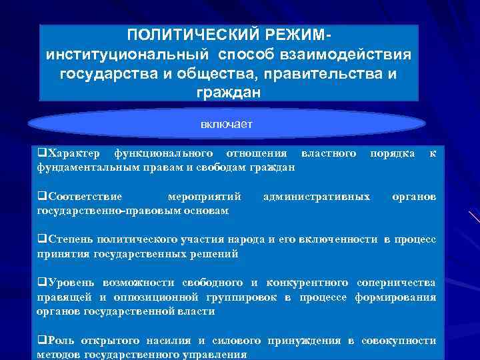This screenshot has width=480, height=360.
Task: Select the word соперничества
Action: (396, 283)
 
